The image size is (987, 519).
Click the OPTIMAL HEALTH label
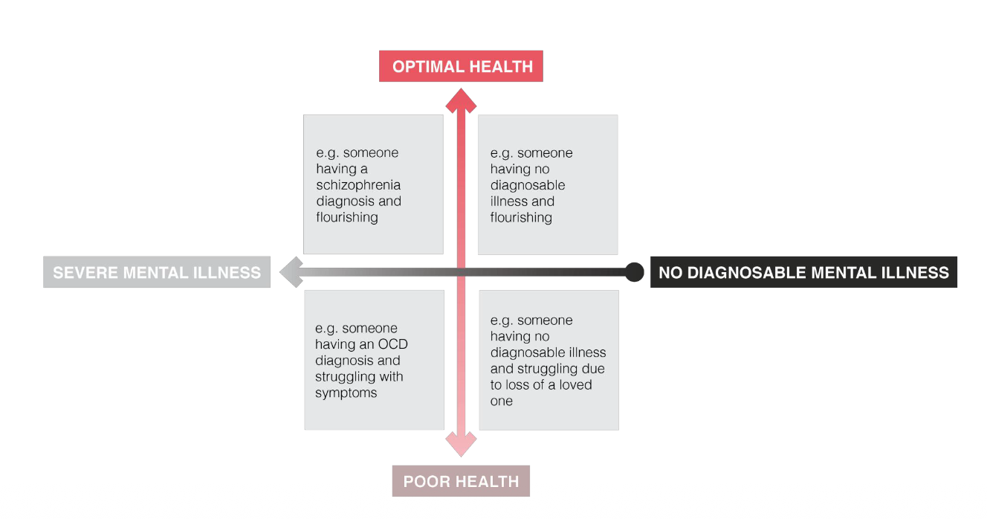point(462,66)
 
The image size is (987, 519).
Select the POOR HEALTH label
point(461,481)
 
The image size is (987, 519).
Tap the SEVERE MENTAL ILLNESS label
point(157,272)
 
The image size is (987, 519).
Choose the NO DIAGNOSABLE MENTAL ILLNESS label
point(803,272)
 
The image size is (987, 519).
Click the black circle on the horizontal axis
point(634,272)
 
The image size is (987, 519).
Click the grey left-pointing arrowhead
point(291,272)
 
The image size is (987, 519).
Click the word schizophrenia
point(359,185)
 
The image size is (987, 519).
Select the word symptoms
point(346,393)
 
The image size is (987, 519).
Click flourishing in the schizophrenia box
point(347,217)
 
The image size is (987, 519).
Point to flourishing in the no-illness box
point(521,217)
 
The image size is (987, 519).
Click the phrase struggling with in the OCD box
point(359,376)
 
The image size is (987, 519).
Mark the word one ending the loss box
point(502,401)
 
